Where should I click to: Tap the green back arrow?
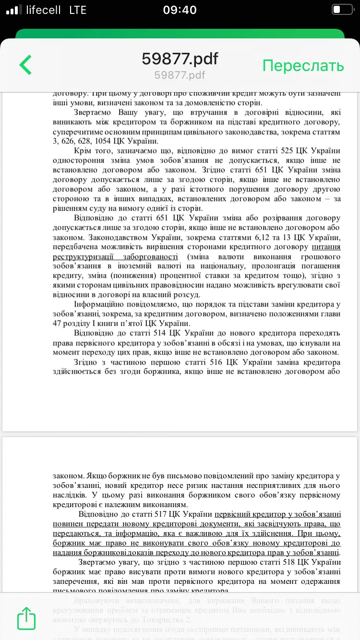(x=25, y=65)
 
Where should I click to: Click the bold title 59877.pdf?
(x=180, y=59)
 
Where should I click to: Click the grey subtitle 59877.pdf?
(x=180, y=75)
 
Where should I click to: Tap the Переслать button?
(x=303, y=65)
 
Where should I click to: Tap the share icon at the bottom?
(x=26, y=618)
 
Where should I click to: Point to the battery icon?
(x=342, y=10)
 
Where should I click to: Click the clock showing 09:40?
(x=180, y=10)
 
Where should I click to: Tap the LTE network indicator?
(x=78, y=10)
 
